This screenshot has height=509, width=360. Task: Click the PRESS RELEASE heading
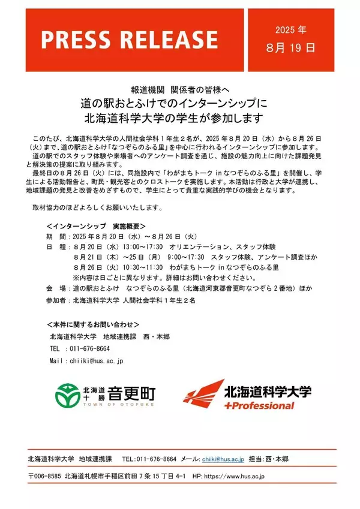[x=129, y=40]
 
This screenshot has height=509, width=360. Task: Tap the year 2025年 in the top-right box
[x=290, y=30]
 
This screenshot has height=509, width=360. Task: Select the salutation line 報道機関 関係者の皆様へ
[x=179, y=88]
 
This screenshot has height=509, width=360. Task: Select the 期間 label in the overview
[x=55, y=236]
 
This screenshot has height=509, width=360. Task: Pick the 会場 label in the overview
[x=55, y=288]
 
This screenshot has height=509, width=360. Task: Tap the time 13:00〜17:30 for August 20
[x=142, y=247]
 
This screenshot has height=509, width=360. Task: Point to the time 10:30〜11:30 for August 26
[x=142, y=267]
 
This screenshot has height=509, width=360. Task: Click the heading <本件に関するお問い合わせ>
[x=92, y=324]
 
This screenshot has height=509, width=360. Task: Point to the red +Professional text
[x=259, y=406]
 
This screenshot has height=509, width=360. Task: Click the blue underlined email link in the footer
[x=223, y=459]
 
